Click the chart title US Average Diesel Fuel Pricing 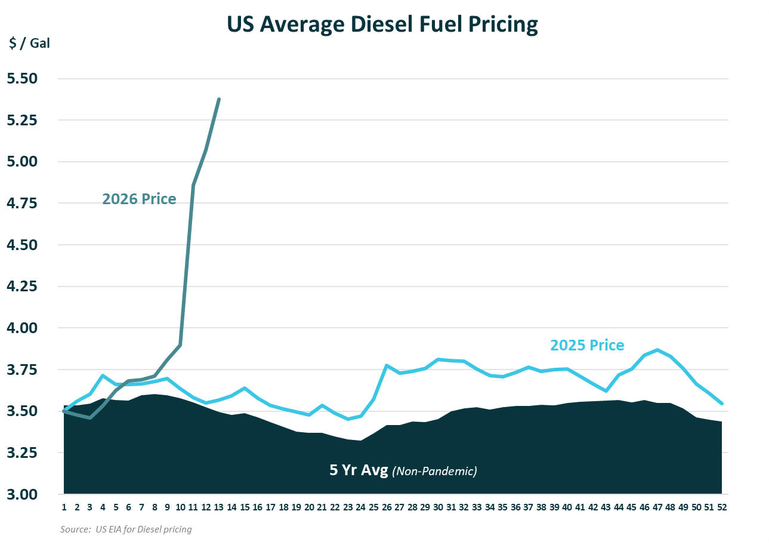(382, 24)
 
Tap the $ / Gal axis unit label (30, 44)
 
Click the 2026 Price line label (139, 199)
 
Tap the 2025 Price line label (587, 345)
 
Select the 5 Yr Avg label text (359, 470)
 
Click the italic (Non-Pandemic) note (435, 471)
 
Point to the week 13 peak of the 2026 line (219, 99)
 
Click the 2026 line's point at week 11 (193, 186)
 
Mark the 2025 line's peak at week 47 (657, 350)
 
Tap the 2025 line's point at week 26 (387, 365)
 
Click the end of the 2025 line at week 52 (722, 404)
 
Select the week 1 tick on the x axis (64, 507)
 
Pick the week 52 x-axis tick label (722, 507)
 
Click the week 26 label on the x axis (387, 507)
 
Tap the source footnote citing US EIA (126, 530)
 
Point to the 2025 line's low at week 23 (348, 419)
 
